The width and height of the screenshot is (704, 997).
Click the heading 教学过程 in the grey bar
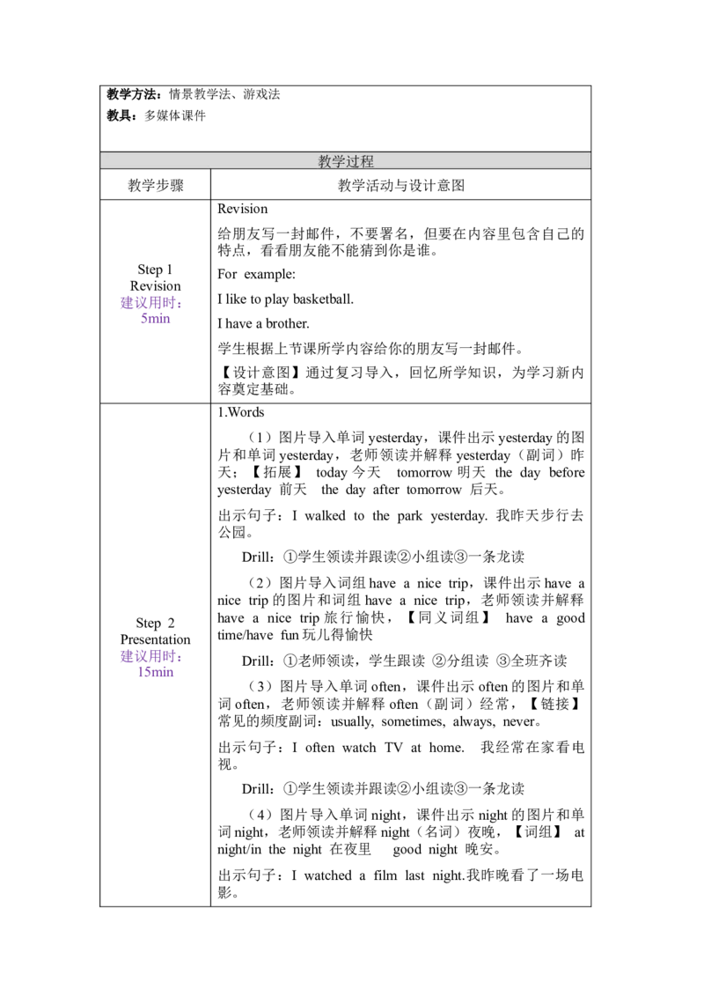(x=346, y=161)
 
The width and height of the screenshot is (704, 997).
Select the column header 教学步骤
(x=156, y=186)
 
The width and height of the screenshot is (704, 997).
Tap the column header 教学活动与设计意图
(x=401, y=186)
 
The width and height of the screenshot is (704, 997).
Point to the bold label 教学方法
(x=132, y=95)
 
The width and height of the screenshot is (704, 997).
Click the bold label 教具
(x=120, y=115)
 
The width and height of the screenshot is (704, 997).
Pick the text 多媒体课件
(x=175, y=115)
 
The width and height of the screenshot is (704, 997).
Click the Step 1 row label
(x=155, y=270)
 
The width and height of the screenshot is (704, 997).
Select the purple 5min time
(x=156, y=319)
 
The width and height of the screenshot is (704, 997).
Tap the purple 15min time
(x=156, y=672)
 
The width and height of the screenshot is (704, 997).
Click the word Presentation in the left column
(x=156, y=639)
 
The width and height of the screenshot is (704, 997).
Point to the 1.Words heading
(x=241, y=412)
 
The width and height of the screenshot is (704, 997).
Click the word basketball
(x=323, y=299)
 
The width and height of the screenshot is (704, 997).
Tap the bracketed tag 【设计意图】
(x=260, y=373)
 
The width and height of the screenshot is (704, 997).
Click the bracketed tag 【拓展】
(x=277, y=472)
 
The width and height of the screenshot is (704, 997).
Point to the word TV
(x=394, y=748)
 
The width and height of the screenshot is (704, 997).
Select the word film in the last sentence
(x=385, y=875)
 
